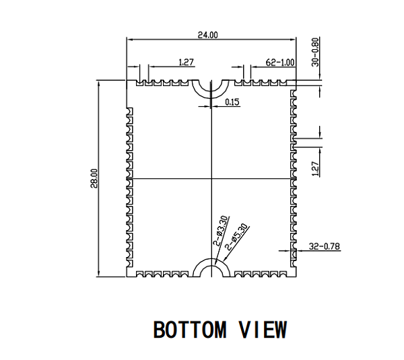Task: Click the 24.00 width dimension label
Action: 207,35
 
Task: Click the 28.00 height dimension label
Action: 94,178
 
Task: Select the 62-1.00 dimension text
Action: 280,63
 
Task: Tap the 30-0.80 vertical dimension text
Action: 315,52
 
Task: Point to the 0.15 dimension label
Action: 232,102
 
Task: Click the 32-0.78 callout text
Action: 325,246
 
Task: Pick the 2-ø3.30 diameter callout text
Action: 221,231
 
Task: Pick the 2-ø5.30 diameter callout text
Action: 236,237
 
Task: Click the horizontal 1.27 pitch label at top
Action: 186,62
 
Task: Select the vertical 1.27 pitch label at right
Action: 315,169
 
